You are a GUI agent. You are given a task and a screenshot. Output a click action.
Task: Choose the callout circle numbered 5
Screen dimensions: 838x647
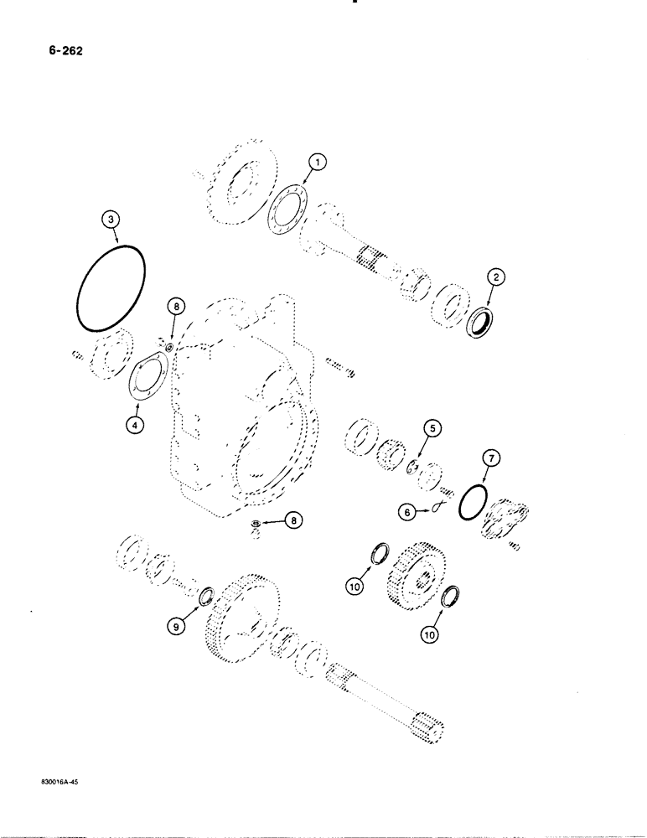432,430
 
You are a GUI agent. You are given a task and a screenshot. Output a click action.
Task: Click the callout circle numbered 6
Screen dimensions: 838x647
407,508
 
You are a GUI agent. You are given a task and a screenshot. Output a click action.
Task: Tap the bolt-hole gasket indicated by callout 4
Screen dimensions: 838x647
148,377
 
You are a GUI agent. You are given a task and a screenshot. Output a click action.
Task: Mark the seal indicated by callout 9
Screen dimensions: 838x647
205,597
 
